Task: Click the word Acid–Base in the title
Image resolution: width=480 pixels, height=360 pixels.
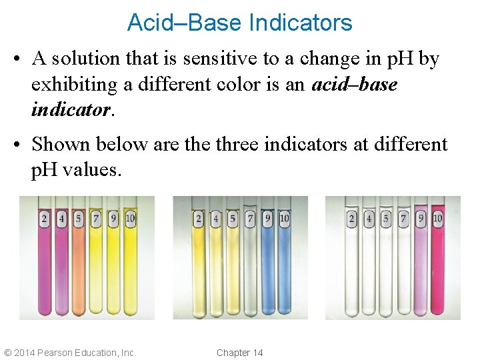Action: pos(184,23)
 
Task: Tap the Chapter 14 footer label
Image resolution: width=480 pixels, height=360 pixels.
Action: pos(240,353)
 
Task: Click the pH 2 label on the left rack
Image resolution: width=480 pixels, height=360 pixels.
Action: pos(44,218)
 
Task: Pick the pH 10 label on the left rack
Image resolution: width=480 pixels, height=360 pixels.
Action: pos(130,218)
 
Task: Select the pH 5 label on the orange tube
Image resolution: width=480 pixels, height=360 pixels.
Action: pos(79,218)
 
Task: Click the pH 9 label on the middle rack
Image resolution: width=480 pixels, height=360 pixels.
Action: pos(267,218)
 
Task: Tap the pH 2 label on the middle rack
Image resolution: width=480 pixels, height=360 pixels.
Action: pos(199,218)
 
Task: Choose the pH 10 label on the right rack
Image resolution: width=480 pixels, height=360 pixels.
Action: pos(437,218)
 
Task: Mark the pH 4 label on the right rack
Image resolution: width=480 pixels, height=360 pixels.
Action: pos(369,218)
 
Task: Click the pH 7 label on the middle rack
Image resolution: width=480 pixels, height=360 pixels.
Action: pos(250,218)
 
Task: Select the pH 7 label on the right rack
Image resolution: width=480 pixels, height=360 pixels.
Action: pos(403,218)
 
